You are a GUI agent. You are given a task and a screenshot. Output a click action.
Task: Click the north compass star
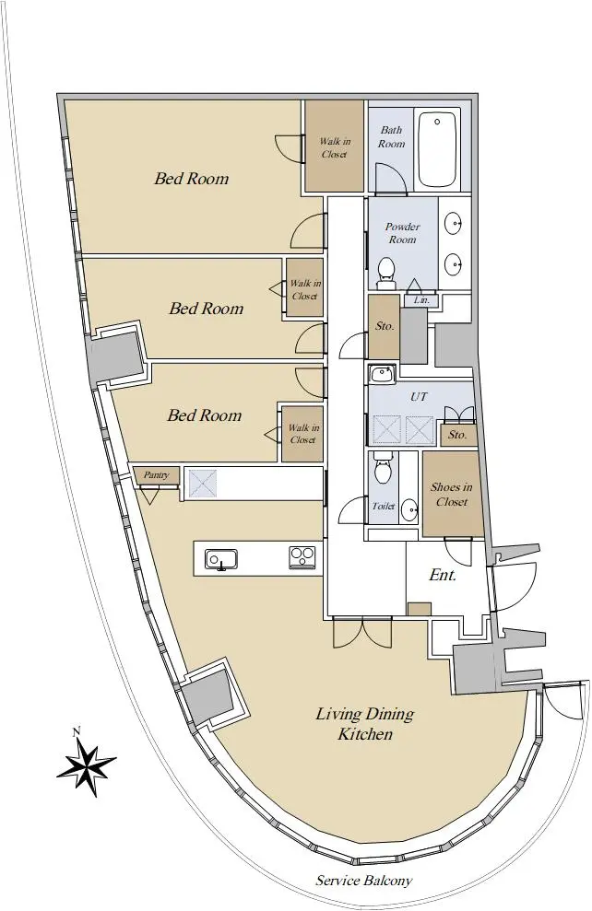pyautogui.click(x=86, y=764)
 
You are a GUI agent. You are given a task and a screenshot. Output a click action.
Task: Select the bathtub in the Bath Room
pyautogui.click(x=437, y=148)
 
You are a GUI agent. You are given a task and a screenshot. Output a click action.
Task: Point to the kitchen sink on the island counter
pyautogui.click(x=221, y=559)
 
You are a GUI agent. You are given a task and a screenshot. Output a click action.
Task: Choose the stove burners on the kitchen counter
pyautogui.click(x=302, y=558)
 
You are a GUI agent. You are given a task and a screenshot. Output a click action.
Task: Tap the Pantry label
pyautogui.click(x=156, y=475)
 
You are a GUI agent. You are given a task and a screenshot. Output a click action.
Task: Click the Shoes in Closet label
pyautogui.click(x=452, y=495)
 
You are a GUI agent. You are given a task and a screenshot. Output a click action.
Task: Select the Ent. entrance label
pyautogui.click(x=443, y=575)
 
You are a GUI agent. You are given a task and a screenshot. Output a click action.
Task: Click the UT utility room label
pyautogui.click(x=419, y=396)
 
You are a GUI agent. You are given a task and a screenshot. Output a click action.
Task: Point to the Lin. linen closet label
pyautogui.click(x=421, y=300)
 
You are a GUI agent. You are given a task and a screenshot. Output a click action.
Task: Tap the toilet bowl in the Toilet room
pyautogui.click(x=383, y=468)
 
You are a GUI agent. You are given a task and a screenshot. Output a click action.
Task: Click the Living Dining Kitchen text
pyautogui.click(x=365, y=723)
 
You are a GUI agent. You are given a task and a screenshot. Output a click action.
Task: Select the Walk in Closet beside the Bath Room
pyautogui.click(x=335, y=146)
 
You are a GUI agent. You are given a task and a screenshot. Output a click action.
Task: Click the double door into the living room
pyautogui.click(x=362, y=634)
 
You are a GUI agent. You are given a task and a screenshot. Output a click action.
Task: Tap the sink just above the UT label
pyautogui.click(x=382, y=374)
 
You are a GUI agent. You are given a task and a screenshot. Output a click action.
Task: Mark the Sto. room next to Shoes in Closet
pyautogui.click(x=458, y=435)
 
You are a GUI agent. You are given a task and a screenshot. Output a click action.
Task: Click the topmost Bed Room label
pyautogui.click(x=191, y=178)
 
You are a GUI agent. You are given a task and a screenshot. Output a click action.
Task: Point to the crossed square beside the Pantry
pyautogui.click(x=203, y=483)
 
